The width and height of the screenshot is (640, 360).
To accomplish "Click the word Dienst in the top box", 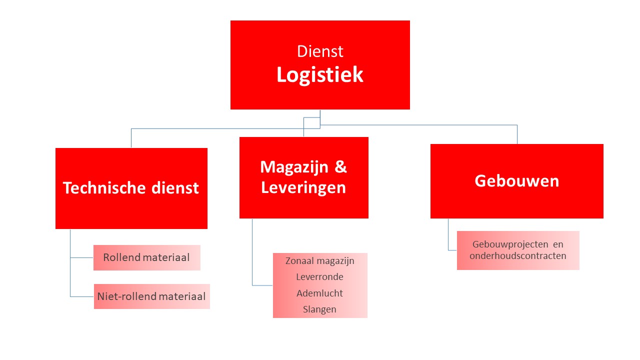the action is click(320, 51).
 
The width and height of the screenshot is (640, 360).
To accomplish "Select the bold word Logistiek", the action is click(319, 75).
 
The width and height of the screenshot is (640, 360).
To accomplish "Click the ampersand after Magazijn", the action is click(340, 166).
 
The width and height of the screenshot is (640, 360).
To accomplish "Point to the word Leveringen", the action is click(303, 187).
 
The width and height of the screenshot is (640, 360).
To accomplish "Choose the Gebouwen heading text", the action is click(517, 181).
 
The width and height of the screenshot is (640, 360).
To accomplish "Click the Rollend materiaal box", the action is click(147, 257).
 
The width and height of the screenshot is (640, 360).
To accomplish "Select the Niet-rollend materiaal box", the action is click(151, 296).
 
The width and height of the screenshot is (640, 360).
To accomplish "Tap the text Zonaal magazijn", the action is click(319, 261).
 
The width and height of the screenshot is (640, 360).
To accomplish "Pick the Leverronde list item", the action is click(319, 277).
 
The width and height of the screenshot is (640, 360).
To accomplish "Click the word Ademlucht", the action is click(319, 293).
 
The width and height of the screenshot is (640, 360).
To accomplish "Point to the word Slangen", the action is click(319, 309).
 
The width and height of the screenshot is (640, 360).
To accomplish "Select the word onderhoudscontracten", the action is click(518, 255).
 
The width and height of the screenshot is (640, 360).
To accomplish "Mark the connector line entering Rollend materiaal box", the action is click(81, 257).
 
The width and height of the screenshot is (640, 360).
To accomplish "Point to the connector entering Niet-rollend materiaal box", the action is click(82, 296).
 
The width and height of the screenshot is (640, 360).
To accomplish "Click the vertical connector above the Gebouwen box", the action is click(517, 134).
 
